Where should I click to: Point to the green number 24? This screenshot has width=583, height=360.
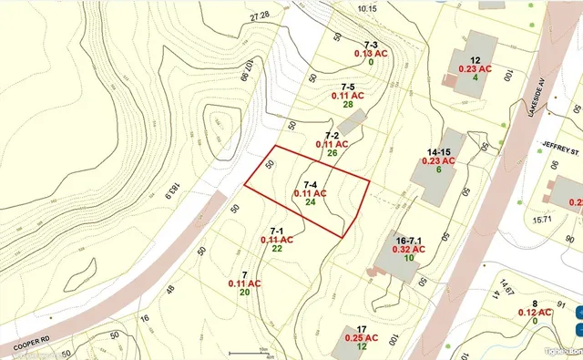pyautogui.click(x=311, y=202)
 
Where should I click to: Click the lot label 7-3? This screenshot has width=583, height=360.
pyautogui.click(x=371, y=44)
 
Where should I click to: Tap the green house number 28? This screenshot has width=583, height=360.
pyautogui.click(x=347, y=105)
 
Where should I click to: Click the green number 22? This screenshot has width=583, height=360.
pyautogui.click(x=277, y=249)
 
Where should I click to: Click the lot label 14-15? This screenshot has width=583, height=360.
pyautogui.click(x=439, y=151)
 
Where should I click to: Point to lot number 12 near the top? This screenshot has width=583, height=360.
pyautogui.click(x=475, y=58)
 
